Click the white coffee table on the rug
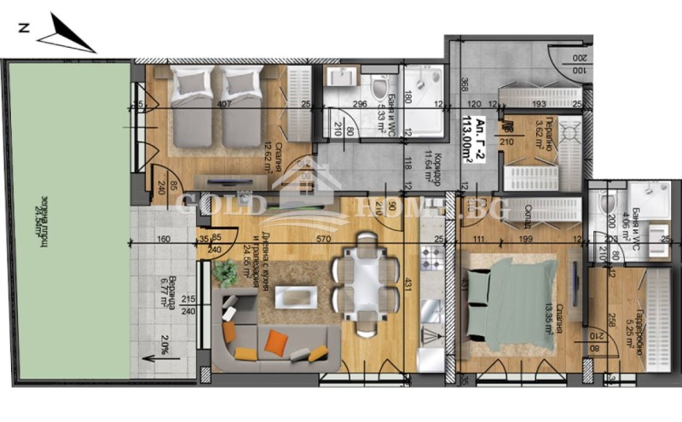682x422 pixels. coord(294,296)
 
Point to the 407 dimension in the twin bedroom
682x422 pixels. coord(224,105)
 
